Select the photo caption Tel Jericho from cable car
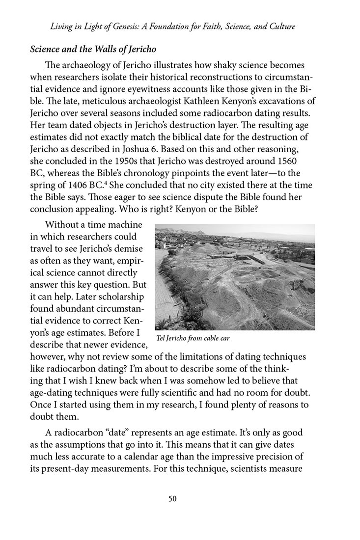193,338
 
